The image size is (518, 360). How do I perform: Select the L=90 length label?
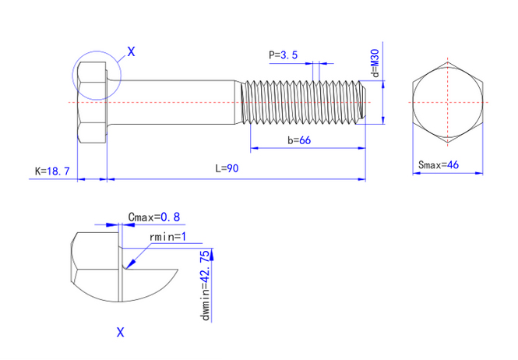click(227, 169)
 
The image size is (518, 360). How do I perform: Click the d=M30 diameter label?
click(375, 63)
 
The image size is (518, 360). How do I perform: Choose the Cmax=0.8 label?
click(153, 217)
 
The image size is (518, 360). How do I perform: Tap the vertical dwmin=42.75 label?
click(205, 286)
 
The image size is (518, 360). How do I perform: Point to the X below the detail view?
click(120, 333)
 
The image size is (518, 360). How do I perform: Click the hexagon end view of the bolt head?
click(448, 102)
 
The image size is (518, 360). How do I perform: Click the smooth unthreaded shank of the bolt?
click(171, 102)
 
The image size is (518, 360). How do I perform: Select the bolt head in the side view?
click(92, 102)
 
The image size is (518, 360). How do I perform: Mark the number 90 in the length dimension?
click(232, 169)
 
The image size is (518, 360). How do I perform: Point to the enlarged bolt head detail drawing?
click(117, 269)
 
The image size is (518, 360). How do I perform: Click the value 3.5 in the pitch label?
click(289, 55)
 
